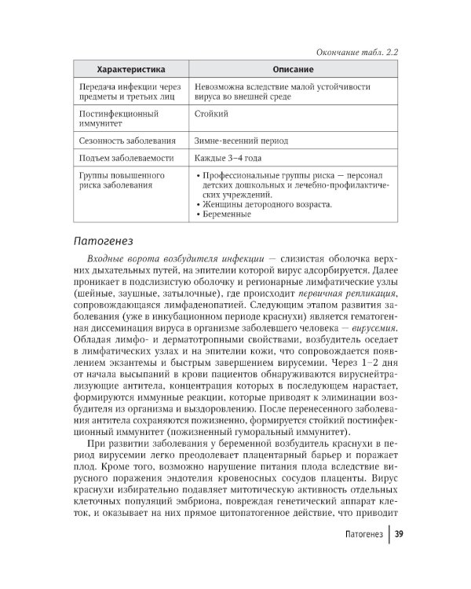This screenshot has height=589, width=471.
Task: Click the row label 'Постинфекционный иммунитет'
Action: (114, 119)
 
